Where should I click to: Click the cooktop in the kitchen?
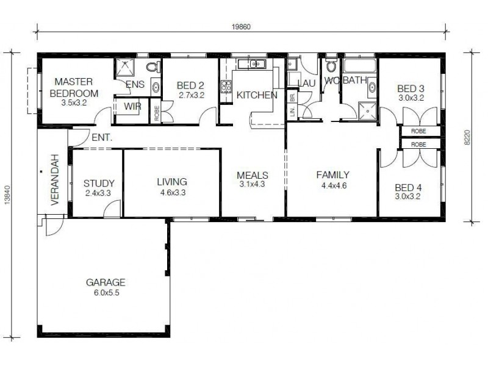pos(226,87)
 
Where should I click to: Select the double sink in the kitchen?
pos(251,63)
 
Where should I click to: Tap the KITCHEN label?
pos(257,95)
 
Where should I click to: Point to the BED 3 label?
pos(411,88)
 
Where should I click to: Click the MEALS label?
pos(253,175)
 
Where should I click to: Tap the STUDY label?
pos(99,182)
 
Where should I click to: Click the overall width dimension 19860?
pos(242,26)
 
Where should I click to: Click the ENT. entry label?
pos(101,138)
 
